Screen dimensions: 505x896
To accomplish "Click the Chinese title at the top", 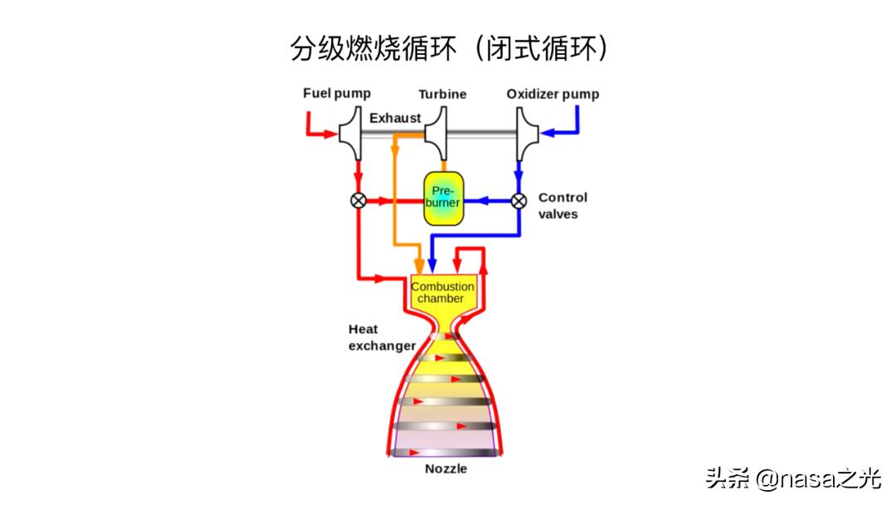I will click(449, 48).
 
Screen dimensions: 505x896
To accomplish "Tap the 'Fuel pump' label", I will click(337, 93).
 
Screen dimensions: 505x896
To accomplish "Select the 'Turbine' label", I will click(442, 94).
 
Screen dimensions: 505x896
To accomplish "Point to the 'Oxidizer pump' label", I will click(553, 94).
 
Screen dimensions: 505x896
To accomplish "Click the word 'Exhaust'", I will click(395, 118).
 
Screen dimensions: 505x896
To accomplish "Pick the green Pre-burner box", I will click(443, 198).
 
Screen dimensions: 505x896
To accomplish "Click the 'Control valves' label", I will click(562, 205).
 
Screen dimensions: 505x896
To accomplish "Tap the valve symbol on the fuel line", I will click(359, 200).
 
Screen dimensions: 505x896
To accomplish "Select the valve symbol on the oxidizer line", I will click(519, 200).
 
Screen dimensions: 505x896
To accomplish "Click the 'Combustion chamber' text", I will click(443, 292).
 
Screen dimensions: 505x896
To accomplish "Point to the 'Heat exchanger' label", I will click(381, 337).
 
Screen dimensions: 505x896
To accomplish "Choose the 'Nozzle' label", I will click(446, 468).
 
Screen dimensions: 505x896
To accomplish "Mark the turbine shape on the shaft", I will click(436, 133).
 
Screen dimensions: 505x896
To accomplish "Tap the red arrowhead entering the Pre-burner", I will click(416, 200).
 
